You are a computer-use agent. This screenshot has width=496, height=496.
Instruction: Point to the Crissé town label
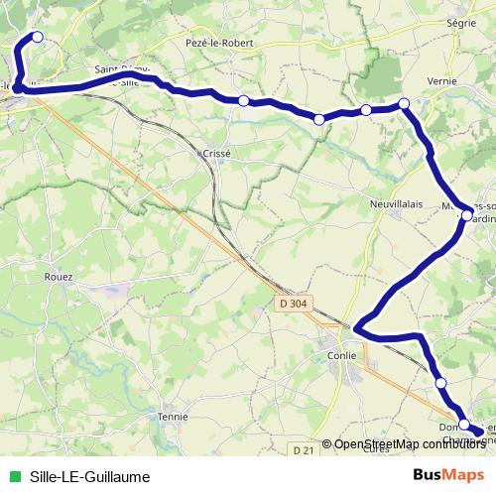(215, 154)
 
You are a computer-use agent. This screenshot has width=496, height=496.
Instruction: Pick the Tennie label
(173, 417)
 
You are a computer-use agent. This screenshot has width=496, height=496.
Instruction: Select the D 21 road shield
(305, 451)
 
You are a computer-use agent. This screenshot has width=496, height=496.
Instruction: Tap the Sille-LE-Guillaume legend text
(90, 476)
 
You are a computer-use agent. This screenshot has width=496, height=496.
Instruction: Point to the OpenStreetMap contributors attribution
(410, 444)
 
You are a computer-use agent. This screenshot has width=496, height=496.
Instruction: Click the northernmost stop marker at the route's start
(38, 37)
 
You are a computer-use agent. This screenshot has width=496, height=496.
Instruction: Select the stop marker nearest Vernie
(405, 103)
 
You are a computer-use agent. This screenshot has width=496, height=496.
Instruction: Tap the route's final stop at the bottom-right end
(479, 432)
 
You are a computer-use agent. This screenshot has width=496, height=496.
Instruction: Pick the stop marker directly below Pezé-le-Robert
(243, 100)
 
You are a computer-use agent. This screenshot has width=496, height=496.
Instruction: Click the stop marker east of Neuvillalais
(466, 214)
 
